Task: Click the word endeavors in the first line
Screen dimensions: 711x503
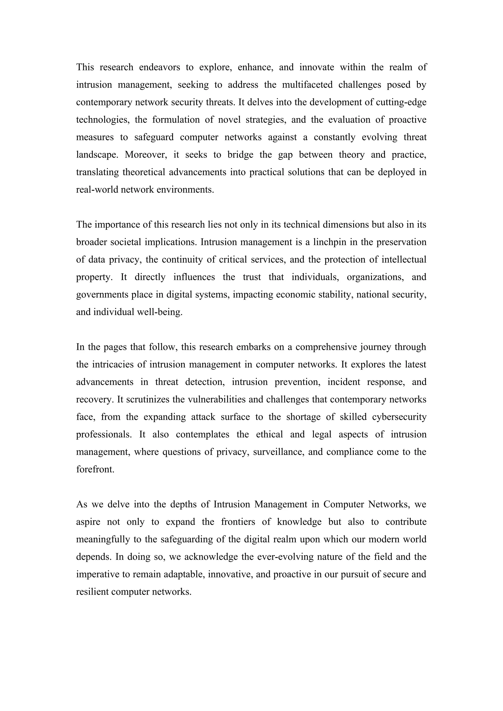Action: pyautogui.click(x=159, y=67)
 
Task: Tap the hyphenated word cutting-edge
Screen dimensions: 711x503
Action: pyautogui.click(x=401, y=102)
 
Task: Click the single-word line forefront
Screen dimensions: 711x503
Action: pyautogui.click(x=95, y=469)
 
